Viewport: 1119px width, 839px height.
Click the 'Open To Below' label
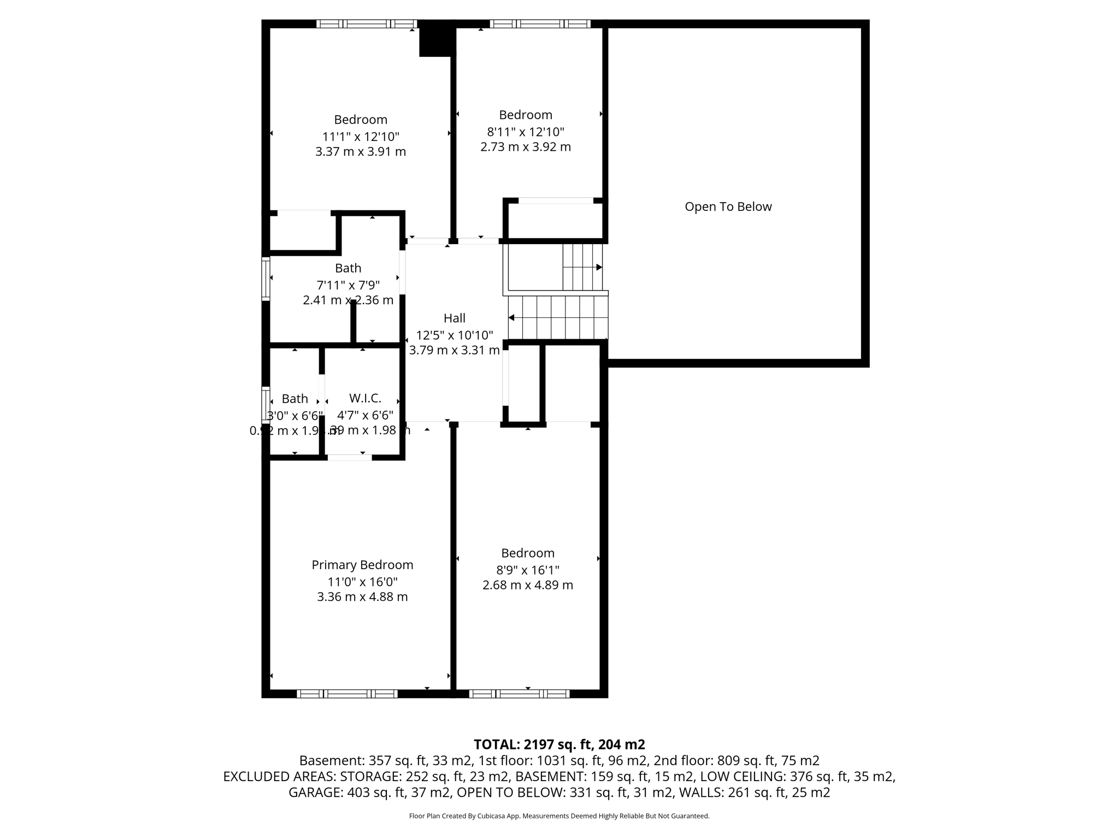[x=728, y=206]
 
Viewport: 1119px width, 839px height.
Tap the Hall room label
[x=454, y=318]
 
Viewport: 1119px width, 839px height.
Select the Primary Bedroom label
[x=362, y=565]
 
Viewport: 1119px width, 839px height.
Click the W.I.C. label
[x=365, y=398]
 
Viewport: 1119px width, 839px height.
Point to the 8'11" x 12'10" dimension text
[x=525, y=132]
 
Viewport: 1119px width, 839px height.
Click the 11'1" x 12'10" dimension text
[x=361, y=137]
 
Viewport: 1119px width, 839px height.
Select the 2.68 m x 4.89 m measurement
[x=527, y=585]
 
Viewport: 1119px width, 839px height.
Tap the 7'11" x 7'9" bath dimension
[x=348, y=285]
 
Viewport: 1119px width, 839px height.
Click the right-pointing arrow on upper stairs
[x=599, y=267]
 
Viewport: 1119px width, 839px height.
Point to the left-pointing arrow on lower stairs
[x=511, y=317]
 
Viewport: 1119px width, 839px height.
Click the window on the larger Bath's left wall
[x=266, y=279]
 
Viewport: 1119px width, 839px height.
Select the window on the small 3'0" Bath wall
[x=266, y=404]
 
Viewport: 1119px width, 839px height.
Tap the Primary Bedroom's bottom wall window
[x=347, y=694]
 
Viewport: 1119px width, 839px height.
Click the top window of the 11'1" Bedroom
[x=367, y=23]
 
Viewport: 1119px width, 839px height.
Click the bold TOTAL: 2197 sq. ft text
[x=559, y=745]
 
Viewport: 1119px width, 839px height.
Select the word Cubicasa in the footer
[x=491, y=816]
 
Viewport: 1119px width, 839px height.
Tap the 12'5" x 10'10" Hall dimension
[x=454, y=335]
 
